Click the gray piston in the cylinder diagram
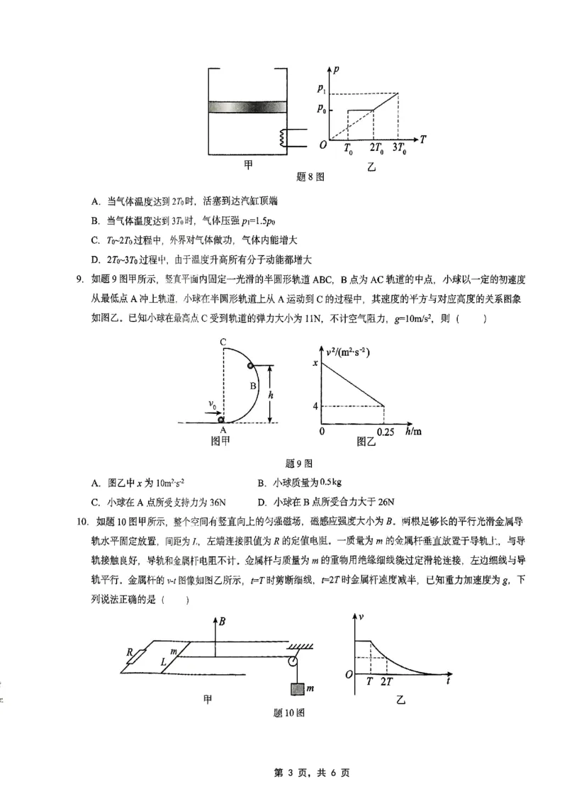pyautogui.click(x=247, y=107)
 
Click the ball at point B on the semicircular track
pyautogui.click(x=250, y=366)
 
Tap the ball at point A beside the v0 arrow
pyautogui.click(x=222, y=419)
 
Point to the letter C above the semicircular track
pyautogui.click(x=223, y=342)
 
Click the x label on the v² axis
pyautogui.click(x=314, y=363)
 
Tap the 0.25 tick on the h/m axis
pyautogui.click(x=386, y=432)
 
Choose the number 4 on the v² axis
pyautogui.click(x=314, y=405)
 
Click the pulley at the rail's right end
pyautogui.click(x=293, y=661)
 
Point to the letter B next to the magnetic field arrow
pyautogui.click(x=223, y=622)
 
